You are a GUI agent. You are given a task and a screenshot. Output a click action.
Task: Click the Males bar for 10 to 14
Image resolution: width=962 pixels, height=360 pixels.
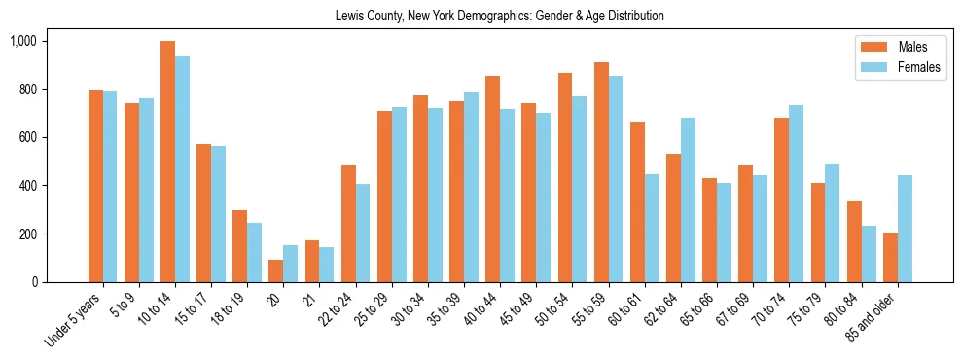pos(168,162)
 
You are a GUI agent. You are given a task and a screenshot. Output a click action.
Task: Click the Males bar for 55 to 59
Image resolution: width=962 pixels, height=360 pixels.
pos(601,172)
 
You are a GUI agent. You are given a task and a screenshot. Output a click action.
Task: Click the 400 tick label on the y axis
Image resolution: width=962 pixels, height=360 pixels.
pos(28,186)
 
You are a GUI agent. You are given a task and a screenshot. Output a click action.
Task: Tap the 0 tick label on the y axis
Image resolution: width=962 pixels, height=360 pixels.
pos(33,282)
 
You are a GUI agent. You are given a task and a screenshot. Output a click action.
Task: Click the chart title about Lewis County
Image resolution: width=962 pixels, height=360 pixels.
pos(499,17)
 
